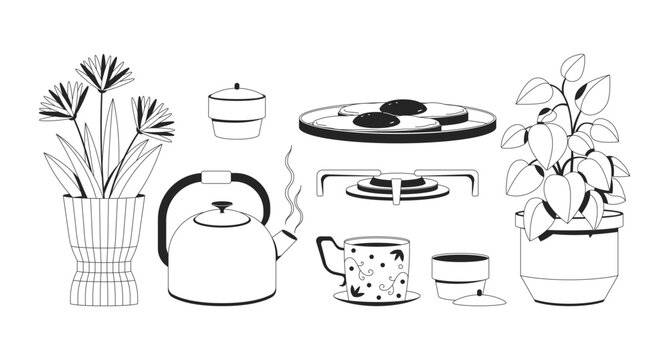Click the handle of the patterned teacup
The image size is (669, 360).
tap(326, 256)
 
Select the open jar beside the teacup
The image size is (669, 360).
tap(459, 271)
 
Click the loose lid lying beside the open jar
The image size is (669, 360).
tap(473, 299)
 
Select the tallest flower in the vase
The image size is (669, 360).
tap(104, 72)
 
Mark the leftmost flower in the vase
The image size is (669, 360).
tap(63, 100)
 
